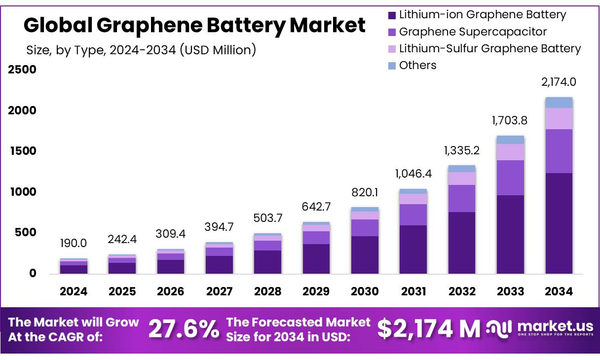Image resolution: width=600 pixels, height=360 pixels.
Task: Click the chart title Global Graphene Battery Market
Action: (x=194, y=25)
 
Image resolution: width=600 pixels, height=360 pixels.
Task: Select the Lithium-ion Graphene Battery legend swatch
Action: (x=392, y=15)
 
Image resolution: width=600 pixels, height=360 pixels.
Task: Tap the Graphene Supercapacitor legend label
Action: (x=473, y=32)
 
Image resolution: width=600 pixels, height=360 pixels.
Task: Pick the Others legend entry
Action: (x=417, y=65)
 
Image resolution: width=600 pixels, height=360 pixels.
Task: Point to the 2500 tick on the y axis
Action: (x=22, y=70)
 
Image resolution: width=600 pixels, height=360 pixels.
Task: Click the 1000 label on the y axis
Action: (x=22, y=192)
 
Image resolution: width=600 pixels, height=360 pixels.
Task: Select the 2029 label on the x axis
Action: (x=316, y=291)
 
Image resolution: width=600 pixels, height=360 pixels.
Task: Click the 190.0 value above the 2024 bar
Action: (x=74, y=243)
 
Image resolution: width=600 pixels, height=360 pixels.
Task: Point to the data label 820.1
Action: (x=365, y=192)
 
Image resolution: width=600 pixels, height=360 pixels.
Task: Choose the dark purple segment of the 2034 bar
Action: (x=559, y=223)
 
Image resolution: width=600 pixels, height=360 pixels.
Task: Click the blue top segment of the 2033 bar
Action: (x=510, y=140)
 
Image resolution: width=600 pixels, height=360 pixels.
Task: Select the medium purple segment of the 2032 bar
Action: (x=462, y=198)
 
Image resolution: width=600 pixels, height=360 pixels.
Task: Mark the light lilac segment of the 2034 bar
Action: (x=559, y=118)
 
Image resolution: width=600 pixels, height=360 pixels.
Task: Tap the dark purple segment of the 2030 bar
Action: (x=365, y=254)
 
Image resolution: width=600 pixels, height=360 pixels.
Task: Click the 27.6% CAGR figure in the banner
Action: (x=184, y=329)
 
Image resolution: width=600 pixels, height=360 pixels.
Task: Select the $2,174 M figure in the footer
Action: (x=429, y=329)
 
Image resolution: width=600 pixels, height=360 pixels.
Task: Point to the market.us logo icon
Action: (x=498, y=328)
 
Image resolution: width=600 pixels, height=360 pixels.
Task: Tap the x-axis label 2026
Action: (x=171, y=291)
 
